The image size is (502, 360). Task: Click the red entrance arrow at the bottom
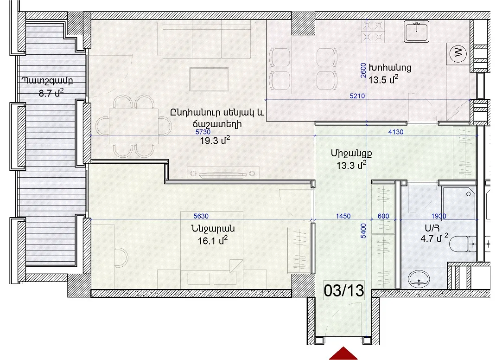343,354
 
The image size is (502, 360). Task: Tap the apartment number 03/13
344,290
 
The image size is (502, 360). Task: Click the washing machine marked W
458,53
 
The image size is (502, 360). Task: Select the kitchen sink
416,32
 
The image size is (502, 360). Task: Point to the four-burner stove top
373,32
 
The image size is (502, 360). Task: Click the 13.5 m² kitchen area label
383,79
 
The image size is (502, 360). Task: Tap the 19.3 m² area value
215,140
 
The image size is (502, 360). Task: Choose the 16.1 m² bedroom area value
213,240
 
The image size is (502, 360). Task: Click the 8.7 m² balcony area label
51,93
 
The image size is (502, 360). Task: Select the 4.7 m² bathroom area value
434,238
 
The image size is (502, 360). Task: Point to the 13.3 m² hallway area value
351,165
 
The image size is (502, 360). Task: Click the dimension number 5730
203,132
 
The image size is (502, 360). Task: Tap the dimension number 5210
357,96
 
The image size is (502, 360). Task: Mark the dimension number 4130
396,132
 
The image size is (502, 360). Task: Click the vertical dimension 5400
363,231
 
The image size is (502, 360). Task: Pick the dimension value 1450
343,216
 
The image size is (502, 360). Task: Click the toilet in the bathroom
463,244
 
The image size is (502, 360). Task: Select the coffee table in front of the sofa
209,79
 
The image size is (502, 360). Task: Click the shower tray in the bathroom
459,203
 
